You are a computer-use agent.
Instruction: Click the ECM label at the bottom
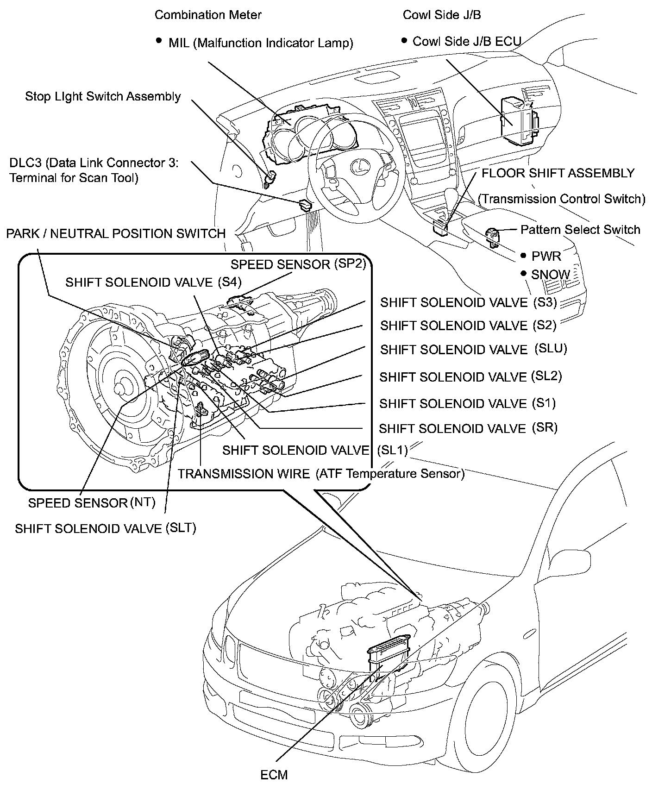274,774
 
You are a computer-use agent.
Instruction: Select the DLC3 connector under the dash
305,204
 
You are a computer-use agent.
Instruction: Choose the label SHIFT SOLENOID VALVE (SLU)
473,350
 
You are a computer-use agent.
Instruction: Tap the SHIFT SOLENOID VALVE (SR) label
468,428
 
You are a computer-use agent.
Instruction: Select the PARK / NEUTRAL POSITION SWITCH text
116,233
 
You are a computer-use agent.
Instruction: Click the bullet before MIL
159,41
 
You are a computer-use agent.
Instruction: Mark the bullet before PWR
523,255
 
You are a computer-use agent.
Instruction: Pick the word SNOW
551,275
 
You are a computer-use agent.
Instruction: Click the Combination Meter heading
208,15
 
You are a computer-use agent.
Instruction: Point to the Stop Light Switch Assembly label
103,96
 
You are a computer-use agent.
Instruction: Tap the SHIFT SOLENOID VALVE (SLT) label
106,528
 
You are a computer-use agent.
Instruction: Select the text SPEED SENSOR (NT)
92,503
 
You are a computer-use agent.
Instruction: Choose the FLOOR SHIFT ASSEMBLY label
558,173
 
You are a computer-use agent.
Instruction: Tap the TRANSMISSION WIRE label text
244,474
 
